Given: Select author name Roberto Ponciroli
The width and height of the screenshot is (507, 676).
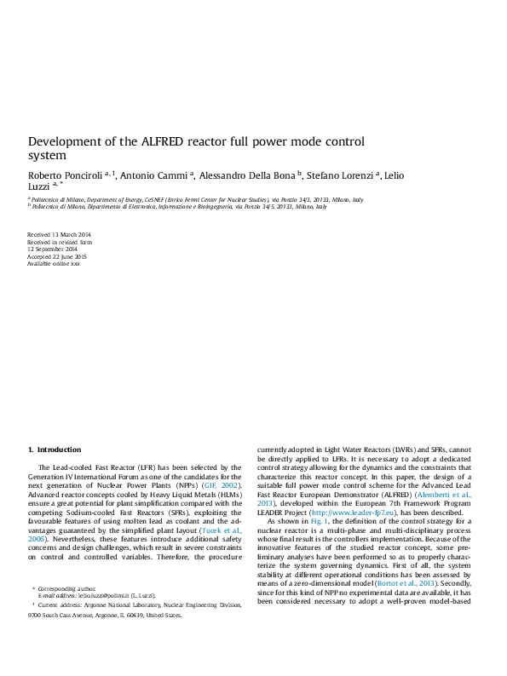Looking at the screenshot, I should click(65, 175).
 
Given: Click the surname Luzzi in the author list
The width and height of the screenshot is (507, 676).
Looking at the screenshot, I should click(39, 186).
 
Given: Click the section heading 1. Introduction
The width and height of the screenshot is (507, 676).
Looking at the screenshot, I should click(55, 450).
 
